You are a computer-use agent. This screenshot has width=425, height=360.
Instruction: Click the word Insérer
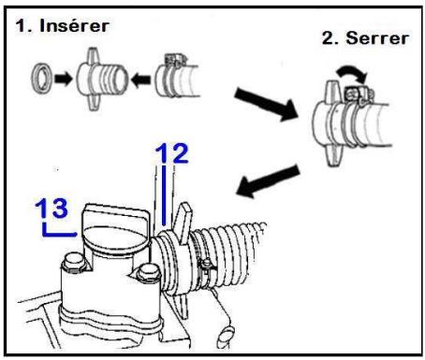point(74,25)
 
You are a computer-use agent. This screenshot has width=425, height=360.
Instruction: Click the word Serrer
point(377,38)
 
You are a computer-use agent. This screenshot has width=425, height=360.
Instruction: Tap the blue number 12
point(172,153)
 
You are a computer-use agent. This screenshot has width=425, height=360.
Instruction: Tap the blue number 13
point(51,208)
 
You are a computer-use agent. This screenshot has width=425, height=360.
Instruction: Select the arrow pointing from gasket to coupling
point(64,79)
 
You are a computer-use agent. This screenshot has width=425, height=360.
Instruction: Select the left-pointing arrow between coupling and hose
point(141,79)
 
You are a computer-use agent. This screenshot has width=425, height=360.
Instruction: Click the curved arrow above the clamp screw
point(352,71)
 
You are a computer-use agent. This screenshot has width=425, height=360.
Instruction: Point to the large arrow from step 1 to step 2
point(266,104)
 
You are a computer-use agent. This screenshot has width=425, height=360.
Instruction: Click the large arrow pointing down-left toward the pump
point(268,181)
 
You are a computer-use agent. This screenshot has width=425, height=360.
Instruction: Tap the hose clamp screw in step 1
point(174,59)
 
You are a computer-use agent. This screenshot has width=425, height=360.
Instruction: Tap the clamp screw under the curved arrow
point(359,94)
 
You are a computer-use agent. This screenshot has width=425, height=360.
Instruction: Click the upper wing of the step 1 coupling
point(93,55)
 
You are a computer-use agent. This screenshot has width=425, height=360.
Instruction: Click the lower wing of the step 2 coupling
point(334,154)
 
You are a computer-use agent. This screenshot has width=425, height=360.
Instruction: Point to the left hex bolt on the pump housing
point(74,263)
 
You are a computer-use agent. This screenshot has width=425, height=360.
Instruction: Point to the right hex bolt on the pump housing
point(147,273)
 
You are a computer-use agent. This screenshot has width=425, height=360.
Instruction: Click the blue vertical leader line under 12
point(164,195)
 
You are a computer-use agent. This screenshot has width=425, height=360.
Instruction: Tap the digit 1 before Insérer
point(21,26)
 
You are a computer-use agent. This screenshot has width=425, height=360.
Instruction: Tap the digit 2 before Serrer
point(329,38)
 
